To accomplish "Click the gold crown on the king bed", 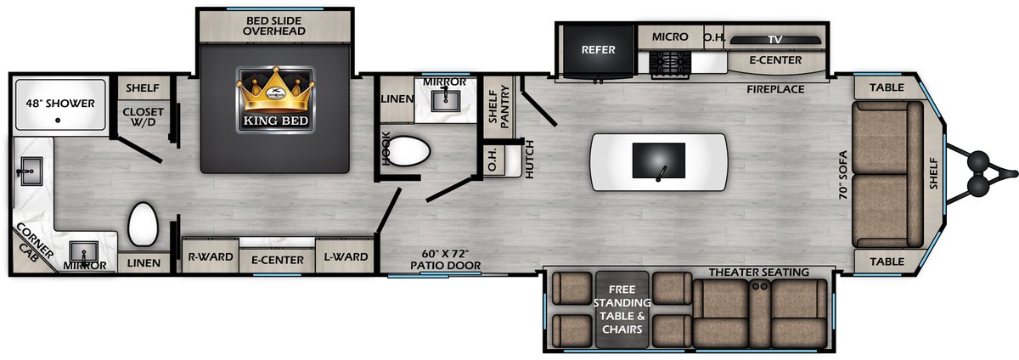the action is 275,90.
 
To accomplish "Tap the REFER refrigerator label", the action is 598,49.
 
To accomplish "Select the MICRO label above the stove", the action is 670,37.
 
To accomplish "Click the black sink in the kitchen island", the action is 659,161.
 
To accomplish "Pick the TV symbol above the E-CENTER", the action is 775,40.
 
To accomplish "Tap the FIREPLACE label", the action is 775,89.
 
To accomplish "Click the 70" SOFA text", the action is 843,175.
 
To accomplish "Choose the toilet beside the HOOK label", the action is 409,150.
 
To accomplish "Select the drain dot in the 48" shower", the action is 58,121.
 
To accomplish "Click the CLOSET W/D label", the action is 143,116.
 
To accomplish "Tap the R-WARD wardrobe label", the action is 211,256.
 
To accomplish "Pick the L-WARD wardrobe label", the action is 346,256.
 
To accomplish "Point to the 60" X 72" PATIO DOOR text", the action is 445,260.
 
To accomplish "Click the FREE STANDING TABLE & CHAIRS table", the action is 622,309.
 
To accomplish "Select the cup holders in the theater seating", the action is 760,286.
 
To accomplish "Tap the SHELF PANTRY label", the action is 499,106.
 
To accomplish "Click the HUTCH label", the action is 529,160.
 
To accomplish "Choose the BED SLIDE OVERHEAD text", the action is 273,26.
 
